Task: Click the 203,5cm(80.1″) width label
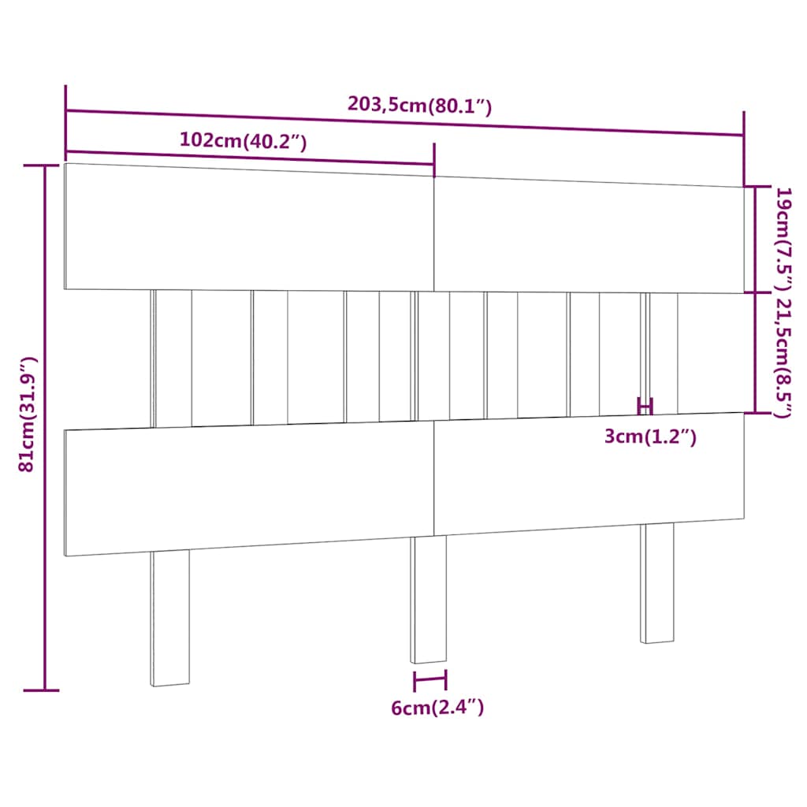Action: pyautogui.click(x=419, y=105)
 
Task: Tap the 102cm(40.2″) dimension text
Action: pyautogui.click(x=243, y=140)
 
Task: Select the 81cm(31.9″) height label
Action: pyautogui.click(x=27, y=414)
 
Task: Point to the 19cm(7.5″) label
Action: pyautogui.click(x=784, y=239)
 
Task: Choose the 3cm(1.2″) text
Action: pyautogui.click(x=650, y=437)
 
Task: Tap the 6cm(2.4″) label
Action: pyautogui.click(x=437, y=708)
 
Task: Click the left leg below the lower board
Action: pyautogui.click(x=170, y=618)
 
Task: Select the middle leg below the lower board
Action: pyautogui.click(x=428, y=600)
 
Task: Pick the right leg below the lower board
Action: pyautogui.click(x=657, y=583)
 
